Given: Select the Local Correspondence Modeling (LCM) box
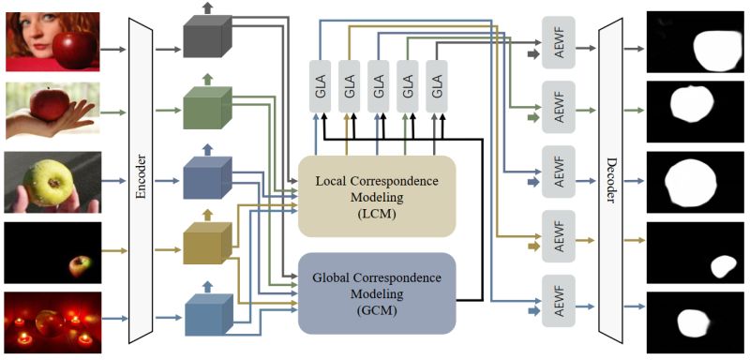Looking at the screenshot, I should [x=376, y=196].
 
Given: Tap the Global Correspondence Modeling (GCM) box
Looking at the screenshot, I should [x=376, y=292].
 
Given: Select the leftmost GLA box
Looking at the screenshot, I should [x=321, y=82].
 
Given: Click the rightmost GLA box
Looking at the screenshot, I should [x=437, y=82].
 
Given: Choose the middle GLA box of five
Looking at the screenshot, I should [x=379, y=82].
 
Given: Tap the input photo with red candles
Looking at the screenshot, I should [x=52, y=321].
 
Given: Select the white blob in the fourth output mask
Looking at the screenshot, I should [x=722, y=267].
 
